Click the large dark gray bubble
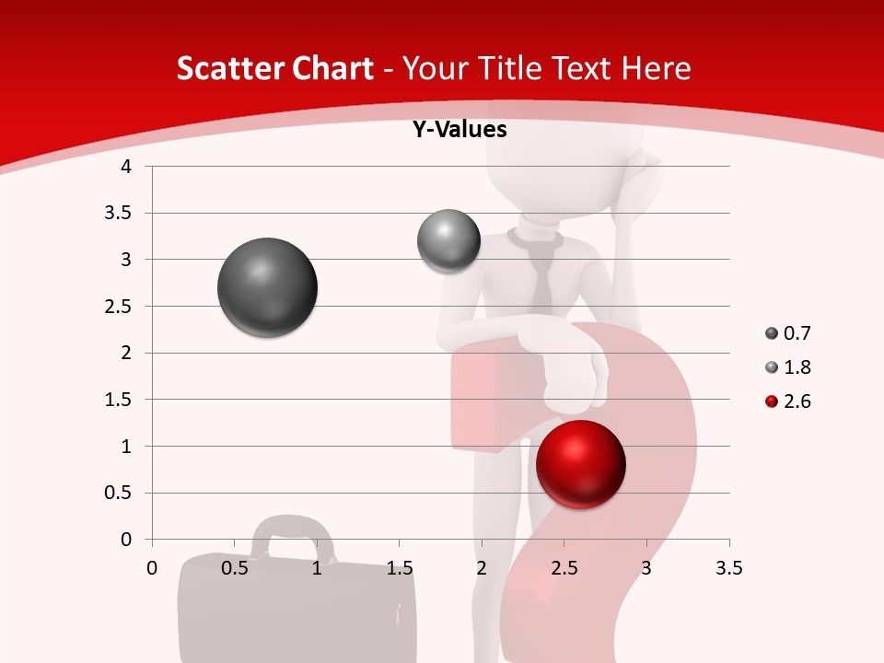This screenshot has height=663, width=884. tap(268, 287)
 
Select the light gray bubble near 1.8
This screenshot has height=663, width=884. tap(448, 241)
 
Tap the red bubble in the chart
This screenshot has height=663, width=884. tap(581, 464)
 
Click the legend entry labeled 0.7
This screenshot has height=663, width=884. tap(787, 333)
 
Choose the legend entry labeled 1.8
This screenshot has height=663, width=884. tap(787, 367)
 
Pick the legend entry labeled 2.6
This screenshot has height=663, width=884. tap(787, 401)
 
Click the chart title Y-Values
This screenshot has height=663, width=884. tap(459, 130)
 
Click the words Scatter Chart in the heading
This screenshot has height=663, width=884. tap(274, 68)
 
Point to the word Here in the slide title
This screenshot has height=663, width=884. tap(656, 68)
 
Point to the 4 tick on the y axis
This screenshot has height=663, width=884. tap(127, 167)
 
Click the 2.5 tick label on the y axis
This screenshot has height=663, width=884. tap(119, 307)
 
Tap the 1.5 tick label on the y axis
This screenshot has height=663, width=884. tap(119, 400)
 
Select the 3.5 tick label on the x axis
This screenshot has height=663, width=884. tap(728, 568)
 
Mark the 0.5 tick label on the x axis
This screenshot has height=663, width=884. tap(235, 568)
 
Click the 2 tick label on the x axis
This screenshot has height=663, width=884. tap(482, 568)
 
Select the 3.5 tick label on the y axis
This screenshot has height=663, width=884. tap(119, 214)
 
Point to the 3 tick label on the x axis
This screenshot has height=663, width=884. tap(646, 568)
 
